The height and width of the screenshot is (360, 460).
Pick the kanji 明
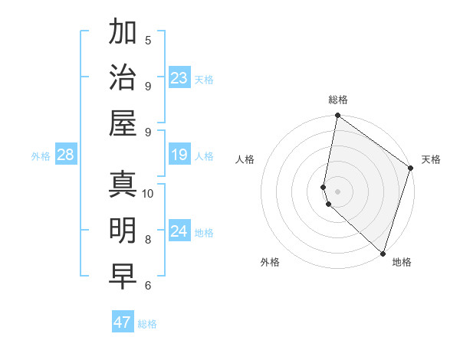point(123,230)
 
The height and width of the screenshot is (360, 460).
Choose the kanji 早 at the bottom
point(123,277)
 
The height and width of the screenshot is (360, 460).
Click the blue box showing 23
point(179,78)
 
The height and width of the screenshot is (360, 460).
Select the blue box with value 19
point(179,155)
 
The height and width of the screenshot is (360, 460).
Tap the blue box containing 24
point(179,231)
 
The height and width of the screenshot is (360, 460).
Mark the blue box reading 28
point(66,155)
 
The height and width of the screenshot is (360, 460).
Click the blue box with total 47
point(123,322)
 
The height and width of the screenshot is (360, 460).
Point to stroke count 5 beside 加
point(148,40)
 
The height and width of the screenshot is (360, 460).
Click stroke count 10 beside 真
point(148,193)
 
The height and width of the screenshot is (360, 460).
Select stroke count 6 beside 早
point(148,286)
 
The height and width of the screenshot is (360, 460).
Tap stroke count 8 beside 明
point(148,239)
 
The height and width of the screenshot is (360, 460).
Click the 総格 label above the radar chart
point(338,100)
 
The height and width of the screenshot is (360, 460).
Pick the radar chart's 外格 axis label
point(270,263)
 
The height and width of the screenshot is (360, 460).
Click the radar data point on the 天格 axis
point(411,169)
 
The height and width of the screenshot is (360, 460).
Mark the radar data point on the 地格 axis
point(383,254)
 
